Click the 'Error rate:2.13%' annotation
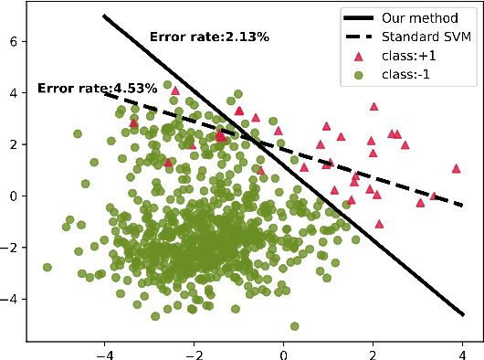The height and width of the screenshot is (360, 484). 209,37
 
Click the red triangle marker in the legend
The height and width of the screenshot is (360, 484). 364,56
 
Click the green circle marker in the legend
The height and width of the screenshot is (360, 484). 364,74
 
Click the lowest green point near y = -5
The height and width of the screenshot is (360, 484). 294,326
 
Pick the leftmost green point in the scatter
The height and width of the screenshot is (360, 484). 47,268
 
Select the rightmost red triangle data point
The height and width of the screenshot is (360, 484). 456,168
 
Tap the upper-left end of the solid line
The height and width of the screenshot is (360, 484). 104,16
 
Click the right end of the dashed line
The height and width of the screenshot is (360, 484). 464,206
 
